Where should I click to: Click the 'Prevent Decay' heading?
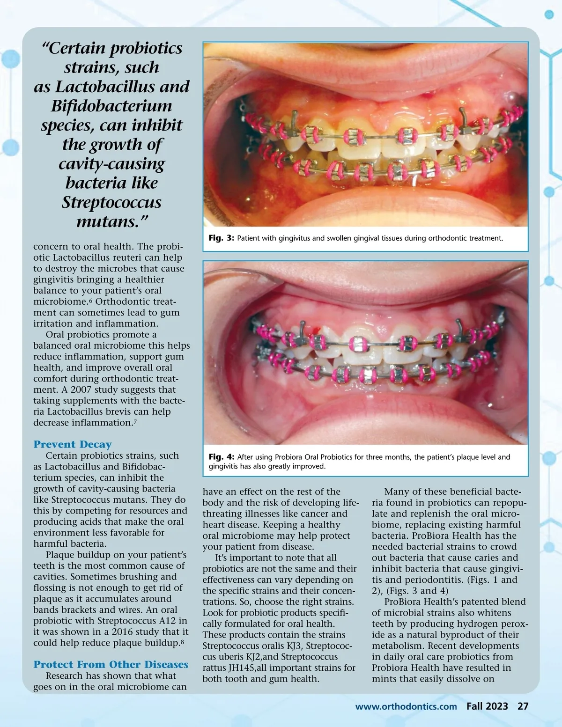(73, 444)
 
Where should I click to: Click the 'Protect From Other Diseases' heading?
(111, 664)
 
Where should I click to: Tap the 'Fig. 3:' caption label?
(221, 238)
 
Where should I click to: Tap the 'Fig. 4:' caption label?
(221, 457)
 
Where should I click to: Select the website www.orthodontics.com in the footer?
(406, 706)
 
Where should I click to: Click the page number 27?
(523, 706)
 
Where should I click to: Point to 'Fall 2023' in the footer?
(487, 706)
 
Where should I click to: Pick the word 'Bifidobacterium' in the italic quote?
(111, 106)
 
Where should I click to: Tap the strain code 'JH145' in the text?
(242, 668)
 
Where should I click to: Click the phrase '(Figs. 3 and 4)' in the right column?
(417, 591)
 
